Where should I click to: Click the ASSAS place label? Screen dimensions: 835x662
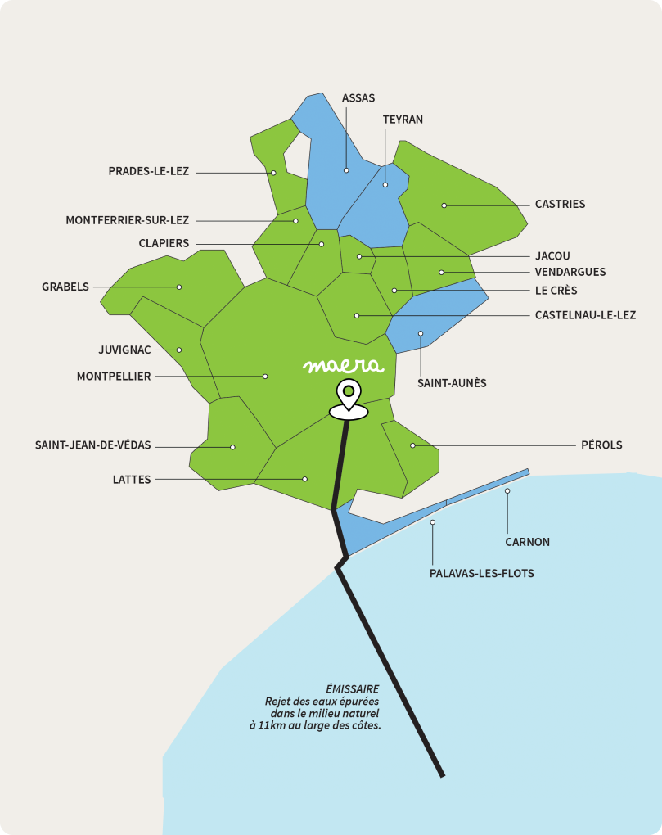point(358,98)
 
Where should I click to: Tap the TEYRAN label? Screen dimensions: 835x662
point(403,120)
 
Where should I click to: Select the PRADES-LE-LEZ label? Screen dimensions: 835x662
point(148,171)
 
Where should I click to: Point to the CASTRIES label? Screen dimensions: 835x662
point(560,204)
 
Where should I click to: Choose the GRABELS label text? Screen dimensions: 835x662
point(65,287)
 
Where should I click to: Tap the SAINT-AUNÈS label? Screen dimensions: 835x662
point(452,382)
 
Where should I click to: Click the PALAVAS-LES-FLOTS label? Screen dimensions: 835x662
point(481,573)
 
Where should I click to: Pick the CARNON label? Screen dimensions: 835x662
point(527,542)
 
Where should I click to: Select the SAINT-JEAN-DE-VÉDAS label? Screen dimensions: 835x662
point(92,445)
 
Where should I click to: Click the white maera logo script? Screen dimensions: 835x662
point(341,366)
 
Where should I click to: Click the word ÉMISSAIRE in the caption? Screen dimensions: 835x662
point(352,689)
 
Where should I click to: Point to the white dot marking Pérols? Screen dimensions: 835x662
point(412,445)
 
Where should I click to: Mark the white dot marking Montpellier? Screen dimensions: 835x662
point(265,377)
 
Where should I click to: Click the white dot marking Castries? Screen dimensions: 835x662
point(444,205)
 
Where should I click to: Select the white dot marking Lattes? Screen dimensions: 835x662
point(304,479)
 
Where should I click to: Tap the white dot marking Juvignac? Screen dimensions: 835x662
point(179,350)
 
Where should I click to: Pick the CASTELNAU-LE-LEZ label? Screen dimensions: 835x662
point(585,315)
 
